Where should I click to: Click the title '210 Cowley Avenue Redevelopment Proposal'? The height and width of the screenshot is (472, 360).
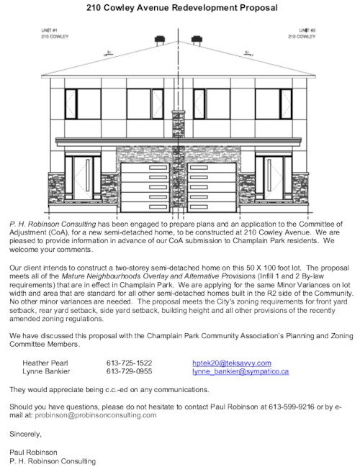(x=180, y=8)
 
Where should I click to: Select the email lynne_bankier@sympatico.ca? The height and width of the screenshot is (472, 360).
(x=240, y=372)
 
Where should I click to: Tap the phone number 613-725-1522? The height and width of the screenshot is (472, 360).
(x=129, y=363)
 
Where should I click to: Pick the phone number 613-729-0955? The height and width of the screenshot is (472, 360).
(x=129, y=372)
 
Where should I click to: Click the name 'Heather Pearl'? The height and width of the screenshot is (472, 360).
(x=45, y=363)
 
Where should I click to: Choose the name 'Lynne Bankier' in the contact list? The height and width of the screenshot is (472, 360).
(x=46, y=372)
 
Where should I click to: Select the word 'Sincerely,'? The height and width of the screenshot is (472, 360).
(x=26, y=434)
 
